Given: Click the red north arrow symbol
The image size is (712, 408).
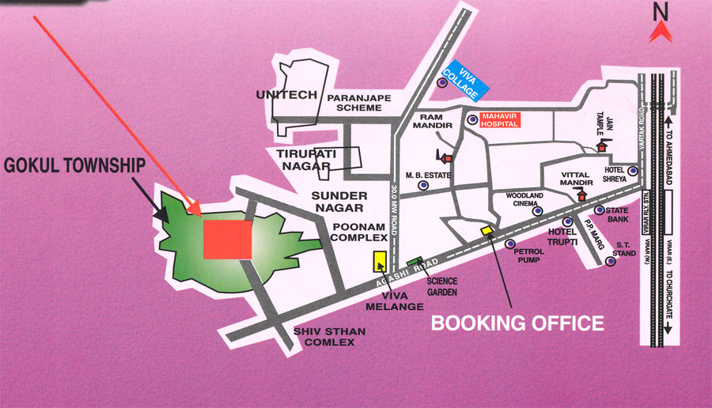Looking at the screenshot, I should tap(661, 32).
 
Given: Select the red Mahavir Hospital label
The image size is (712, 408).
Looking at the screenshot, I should tap(511, 119).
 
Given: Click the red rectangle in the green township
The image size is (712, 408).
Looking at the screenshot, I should tap(228, 239).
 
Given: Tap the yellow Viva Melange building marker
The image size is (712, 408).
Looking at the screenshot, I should tap(380, 262).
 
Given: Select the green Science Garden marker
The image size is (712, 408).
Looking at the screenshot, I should tap(414, 262).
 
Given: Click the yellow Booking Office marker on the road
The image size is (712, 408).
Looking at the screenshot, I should tap(487, 230).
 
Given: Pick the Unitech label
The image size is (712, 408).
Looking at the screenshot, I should tap(286, 94).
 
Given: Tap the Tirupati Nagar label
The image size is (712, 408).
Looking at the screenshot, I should tap(302, 157).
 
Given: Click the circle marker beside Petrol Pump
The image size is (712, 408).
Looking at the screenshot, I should tap(509, 244).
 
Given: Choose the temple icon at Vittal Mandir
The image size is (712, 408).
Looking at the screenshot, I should tap(583, 195).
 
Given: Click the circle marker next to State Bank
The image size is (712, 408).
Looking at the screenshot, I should tap(600, 210).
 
